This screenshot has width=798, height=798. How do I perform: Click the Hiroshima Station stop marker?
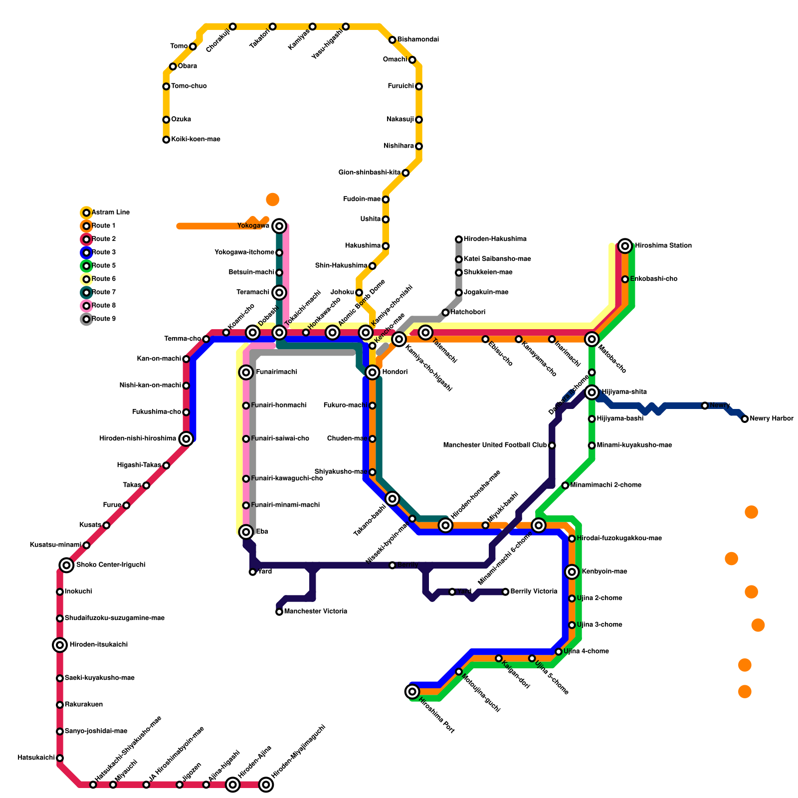coord(625,246)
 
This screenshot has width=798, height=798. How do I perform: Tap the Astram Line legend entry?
coord(110,212)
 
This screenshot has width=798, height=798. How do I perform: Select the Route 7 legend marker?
coord(86,293)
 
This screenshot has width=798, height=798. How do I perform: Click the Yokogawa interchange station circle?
coord(279,226)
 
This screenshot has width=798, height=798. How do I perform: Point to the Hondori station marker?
coord(372,372)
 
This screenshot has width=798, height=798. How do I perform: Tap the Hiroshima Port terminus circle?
coord(412,691)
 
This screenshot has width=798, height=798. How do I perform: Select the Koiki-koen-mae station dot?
coord(166,140)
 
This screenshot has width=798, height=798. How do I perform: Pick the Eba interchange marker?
coord(246,532)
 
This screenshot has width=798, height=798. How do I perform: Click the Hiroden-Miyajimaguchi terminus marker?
coord(266,785)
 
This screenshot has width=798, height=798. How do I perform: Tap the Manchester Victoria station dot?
coord(279,611)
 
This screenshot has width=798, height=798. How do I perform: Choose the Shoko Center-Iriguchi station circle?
coord(66,565)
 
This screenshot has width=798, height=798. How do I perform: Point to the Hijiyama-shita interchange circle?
coord(592,392)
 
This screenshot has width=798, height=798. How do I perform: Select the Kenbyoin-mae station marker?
coord(572,572)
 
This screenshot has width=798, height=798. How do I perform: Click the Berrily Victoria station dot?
coord(505,592)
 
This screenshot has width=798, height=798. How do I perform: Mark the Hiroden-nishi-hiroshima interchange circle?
coord(186,439)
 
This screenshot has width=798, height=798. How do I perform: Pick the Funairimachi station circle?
coord(246,372)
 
